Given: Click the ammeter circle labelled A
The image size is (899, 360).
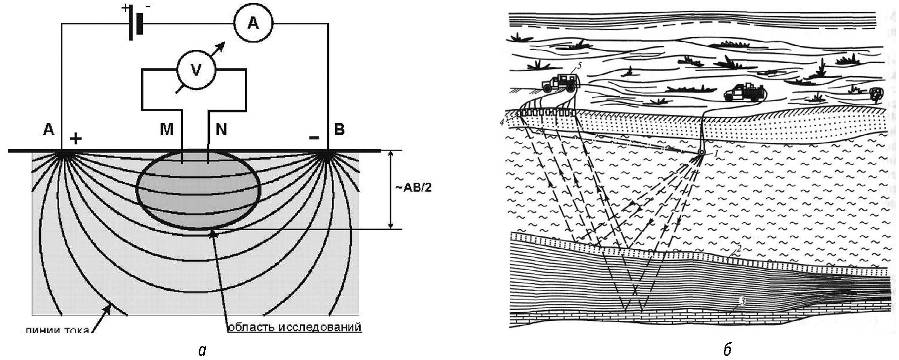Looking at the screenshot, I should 253,23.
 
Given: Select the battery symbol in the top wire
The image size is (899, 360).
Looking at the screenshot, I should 134,23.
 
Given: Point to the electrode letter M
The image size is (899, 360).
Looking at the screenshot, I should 167,129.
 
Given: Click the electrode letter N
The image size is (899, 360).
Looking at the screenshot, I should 221,129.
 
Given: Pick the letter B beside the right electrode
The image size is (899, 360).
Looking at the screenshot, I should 339,129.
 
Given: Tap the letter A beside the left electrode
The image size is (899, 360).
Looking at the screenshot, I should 48,129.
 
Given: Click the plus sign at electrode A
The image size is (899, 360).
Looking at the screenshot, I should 75,138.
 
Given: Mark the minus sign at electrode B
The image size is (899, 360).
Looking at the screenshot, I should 314,138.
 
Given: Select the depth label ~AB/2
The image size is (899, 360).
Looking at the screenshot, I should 412,190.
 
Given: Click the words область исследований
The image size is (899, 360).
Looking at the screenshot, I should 294,327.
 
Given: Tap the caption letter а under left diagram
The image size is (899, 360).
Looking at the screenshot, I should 201,350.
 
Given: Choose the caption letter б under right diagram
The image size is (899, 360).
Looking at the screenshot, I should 728,349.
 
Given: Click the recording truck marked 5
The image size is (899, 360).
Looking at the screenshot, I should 561,82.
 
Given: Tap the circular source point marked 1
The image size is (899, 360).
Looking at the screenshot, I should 701,153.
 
